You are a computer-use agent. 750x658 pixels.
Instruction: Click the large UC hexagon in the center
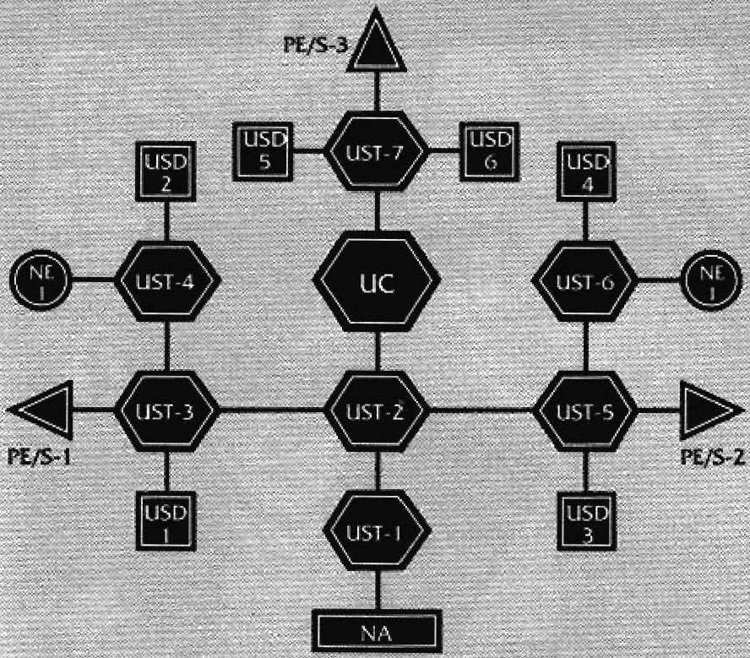pyautogui.click(x=377, y=282)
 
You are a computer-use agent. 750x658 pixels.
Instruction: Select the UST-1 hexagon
pyautogui.click(x=378, y=532)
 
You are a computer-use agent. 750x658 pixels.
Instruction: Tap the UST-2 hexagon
pyautogui.click(x=378, y=411)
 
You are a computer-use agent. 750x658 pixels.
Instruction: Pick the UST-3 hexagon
pyautogui.click(x=166, y=411)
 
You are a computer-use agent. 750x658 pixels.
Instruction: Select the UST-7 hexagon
pyautogui.click(x=377, y=152)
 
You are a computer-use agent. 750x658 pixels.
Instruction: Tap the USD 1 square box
pyautogui.click(x=166, y=520)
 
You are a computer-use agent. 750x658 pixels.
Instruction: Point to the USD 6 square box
pyautogui.click(x=488, y=151)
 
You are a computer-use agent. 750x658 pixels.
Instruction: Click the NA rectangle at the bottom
pyautogui.click(x=378, y=631)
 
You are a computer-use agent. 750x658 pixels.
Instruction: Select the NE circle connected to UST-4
pyautogui.click(x=41, y=280)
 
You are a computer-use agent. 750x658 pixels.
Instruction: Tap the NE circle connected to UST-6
pyautogui.click(x=710, y=280)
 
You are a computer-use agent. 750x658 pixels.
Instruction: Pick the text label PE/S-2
pyautogui.click(x=712, y=458)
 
